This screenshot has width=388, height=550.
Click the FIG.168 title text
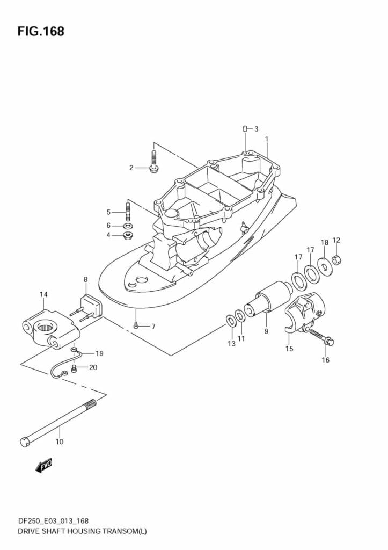(41, 32)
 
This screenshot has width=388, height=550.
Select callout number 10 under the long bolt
(59, 442)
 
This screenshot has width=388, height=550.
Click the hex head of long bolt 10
(25, 442)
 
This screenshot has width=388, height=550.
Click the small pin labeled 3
(245, 129)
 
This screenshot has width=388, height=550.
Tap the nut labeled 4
(128, 235)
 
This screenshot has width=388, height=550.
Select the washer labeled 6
(128, 226)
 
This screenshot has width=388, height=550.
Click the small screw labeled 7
(136, 325)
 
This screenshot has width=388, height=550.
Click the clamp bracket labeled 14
(48, 329)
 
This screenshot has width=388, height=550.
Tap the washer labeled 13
(230, 321)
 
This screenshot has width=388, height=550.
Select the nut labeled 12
(336, 260)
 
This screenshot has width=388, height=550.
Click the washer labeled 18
(324, 265)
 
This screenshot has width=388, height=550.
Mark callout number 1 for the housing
(266, 139)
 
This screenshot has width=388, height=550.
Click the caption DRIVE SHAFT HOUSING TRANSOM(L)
(75, 531)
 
